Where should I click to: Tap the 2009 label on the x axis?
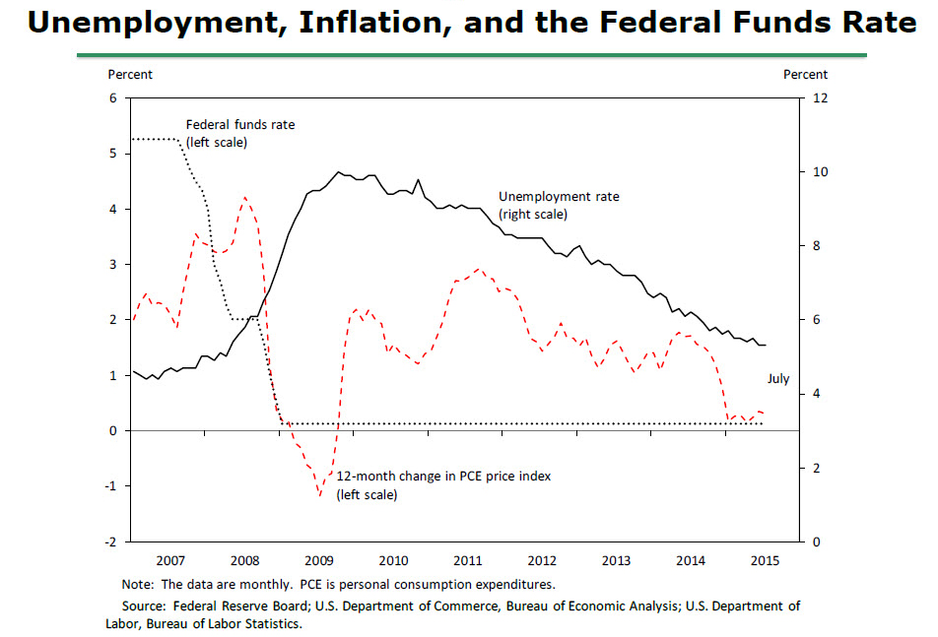(x=319, y=560)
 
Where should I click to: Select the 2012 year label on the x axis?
(x=542, y=560)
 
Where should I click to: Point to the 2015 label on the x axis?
(x=765, y=560)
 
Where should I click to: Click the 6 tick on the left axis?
(x=113, y=98)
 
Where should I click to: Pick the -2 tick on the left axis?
(x=111, y=542)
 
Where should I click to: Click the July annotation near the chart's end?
(x=778, y=379)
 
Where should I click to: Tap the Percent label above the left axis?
(x=130, y=75)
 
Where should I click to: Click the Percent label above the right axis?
(x=805, y=75)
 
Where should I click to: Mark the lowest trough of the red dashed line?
(x=320, y=494)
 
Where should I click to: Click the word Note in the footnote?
(x=136, y=583)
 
